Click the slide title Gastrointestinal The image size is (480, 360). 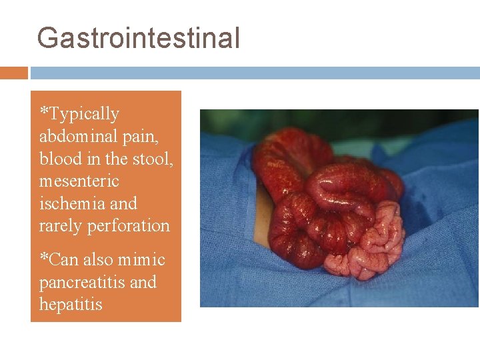[138, 38]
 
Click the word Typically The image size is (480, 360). [84, 114]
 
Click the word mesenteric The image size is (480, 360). [79, 181]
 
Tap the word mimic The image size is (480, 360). [143, 260]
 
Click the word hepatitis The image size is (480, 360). [71, 305]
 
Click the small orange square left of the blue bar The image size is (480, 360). [13, 73]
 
